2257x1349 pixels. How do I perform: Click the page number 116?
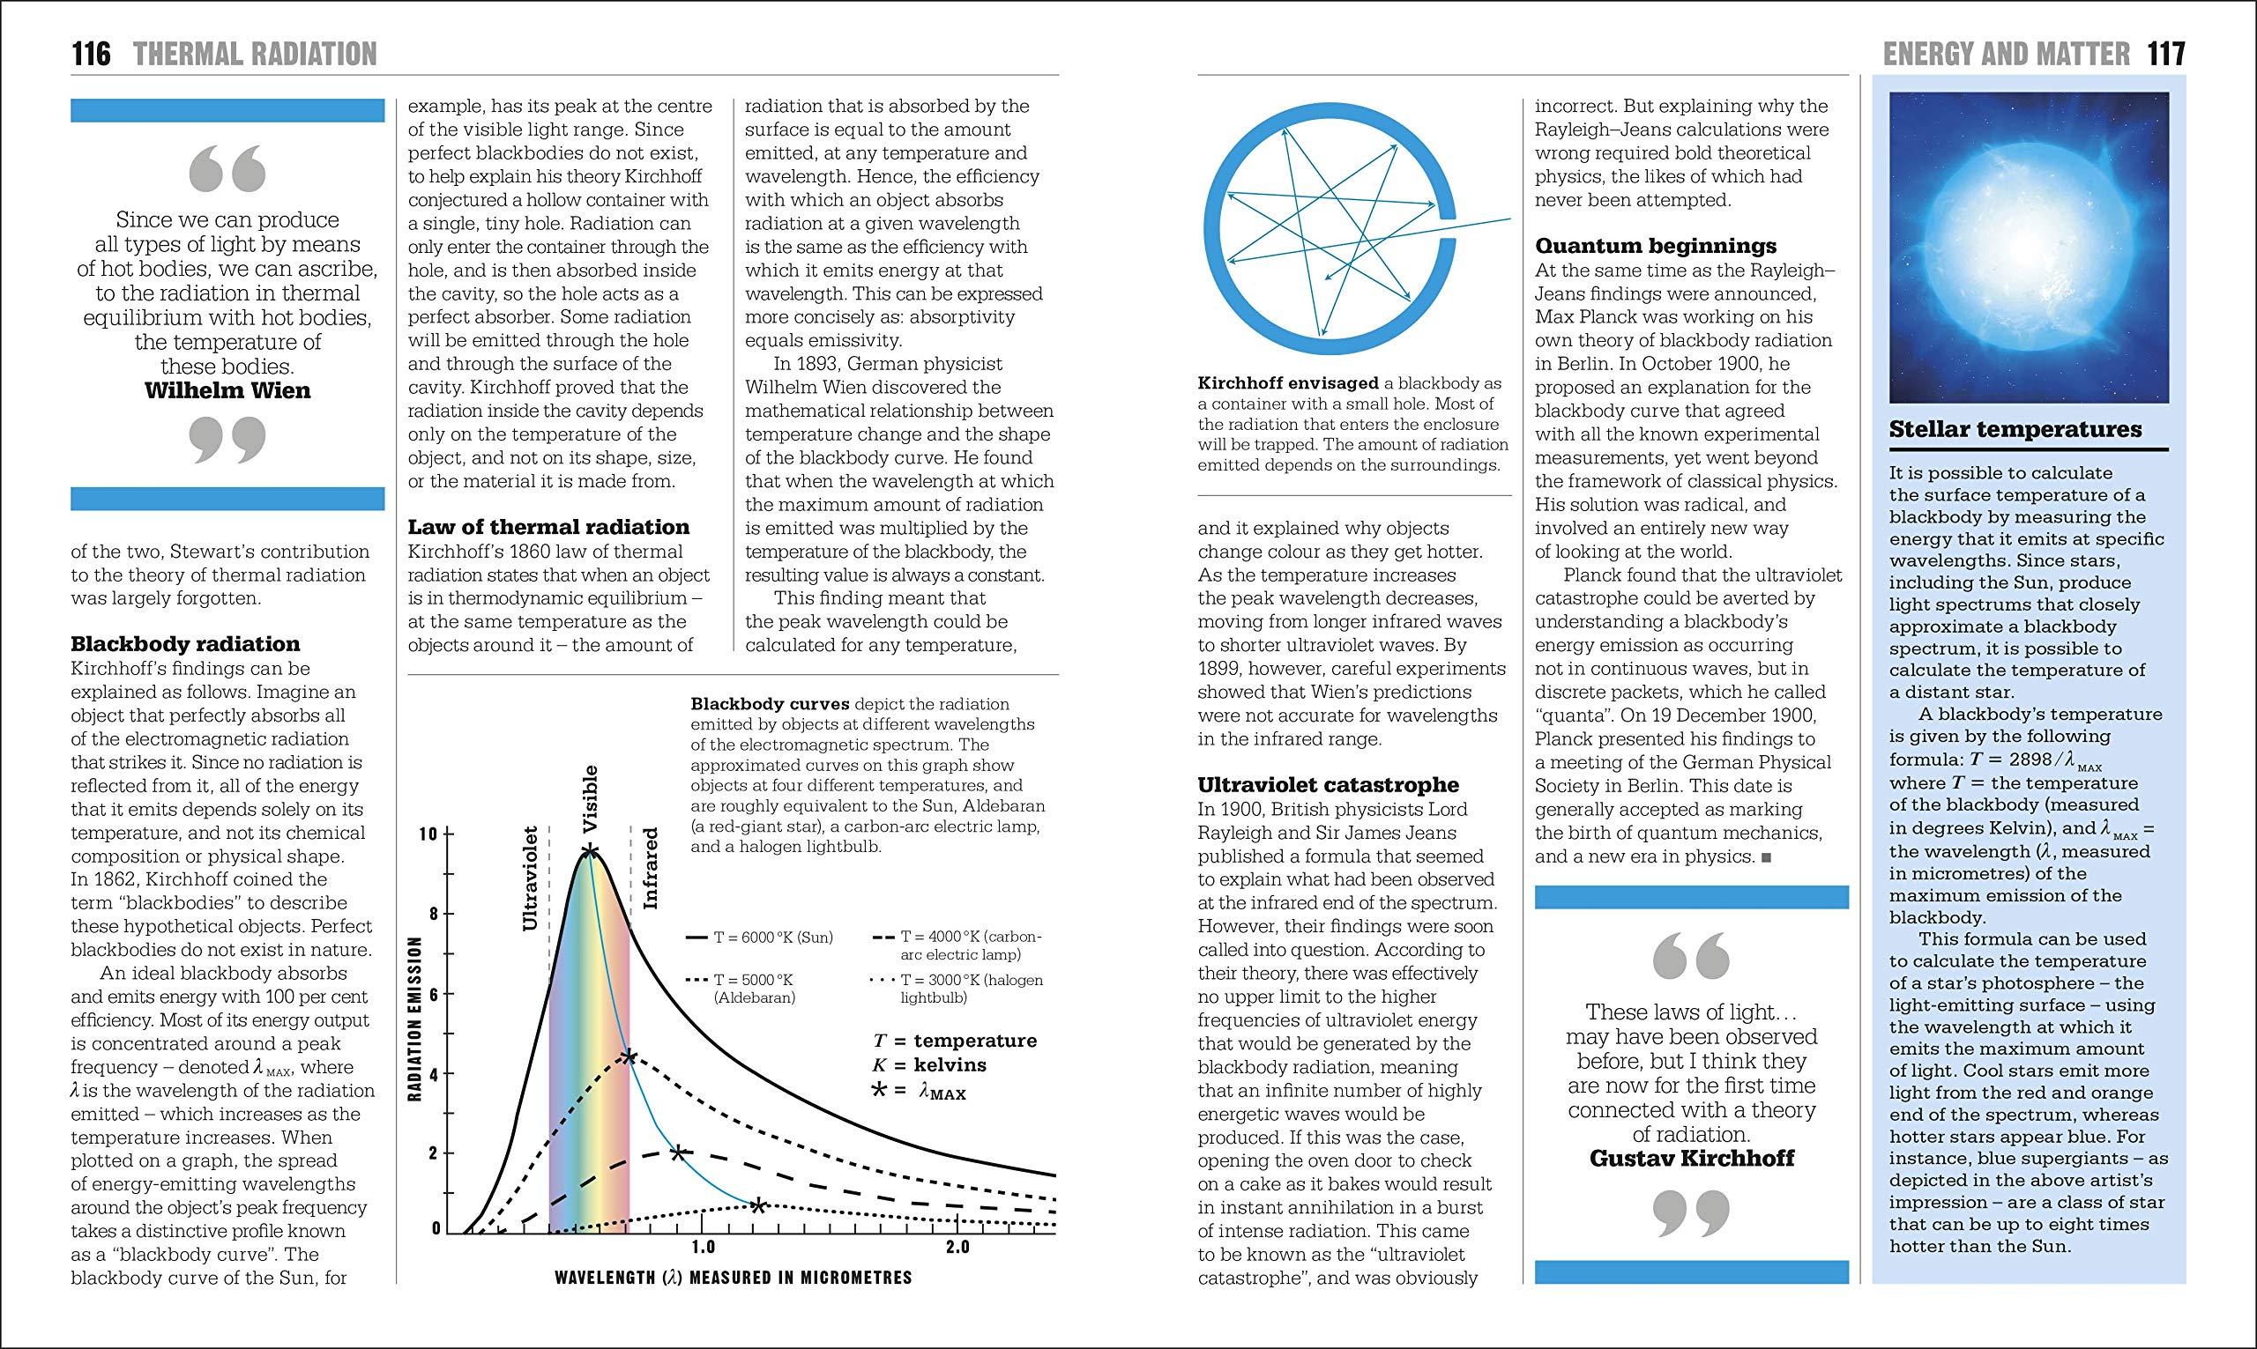pos(91,55)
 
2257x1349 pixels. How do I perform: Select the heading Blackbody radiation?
pos(184,644)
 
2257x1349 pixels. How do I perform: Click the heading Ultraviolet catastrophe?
pos(1328,784)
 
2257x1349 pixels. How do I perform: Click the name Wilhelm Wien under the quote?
pos(227,391)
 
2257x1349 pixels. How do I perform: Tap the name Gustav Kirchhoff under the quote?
pos(1691,1158)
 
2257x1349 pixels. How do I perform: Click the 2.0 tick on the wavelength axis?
pos(957,1246)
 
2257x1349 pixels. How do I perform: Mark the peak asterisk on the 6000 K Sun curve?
pos(590,852)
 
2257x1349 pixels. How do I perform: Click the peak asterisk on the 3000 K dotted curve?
pos(758,1205)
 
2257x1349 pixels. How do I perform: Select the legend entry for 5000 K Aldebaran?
pos(741,989)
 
